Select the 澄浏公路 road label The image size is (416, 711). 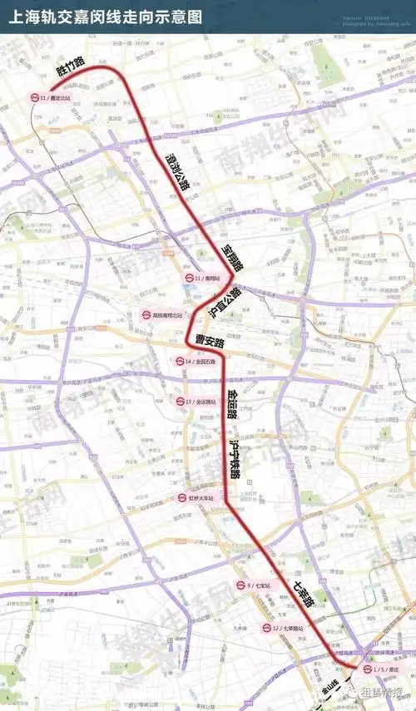tap(177, 173)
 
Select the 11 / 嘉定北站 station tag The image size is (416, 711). tap(52, 98)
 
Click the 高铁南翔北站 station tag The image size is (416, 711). tap(162, 316)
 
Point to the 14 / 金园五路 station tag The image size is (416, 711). tap(195, 362)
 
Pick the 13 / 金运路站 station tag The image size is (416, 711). tap(196, 402)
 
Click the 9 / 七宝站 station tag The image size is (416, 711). tap(254, 585)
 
